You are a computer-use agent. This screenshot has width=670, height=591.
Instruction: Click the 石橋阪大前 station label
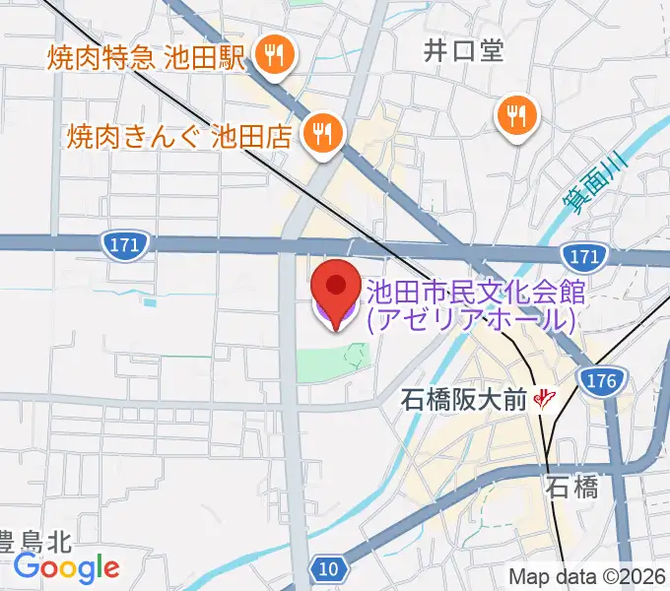pyautogui.click(x=465, y=399)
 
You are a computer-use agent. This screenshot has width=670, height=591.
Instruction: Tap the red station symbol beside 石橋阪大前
pyautogui.click(x=543, y=399)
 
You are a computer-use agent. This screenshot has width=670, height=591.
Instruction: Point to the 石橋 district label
pyautogui.click(x=572, y=488)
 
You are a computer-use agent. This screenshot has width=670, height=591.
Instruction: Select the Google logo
pyautogui.click(x=66, y=567)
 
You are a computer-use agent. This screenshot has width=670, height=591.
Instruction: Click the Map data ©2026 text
pyautogui.click(x=587, y=577)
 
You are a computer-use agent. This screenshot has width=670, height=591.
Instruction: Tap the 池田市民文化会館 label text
pyautogui.click(x=477, y=292)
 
